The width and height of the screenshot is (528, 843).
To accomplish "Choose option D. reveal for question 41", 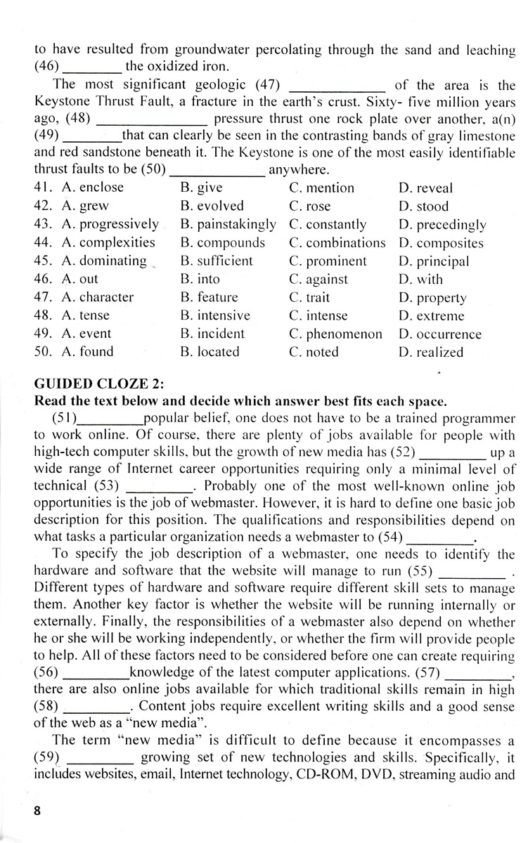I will tap(425, 188).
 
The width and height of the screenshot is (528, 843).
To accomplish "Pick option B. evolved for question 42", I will tap(212, 206).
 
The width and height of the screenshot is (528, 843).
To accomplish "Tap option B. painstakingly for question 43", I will tap(228, 224).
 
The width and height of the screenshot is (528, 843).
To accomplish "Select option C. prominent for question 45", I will tap(328, 261).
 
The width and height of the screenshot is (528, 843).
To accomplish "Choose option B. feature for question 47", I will tap(209, 297).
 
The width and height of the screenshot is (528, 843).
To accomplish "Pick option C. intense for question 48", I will tap(318, 315).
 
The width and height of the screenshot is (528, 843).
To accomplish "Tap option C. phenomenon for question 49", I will tap(335, 334).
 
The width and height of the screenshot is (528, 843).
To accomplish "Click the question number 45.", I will tap(44, 261).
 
